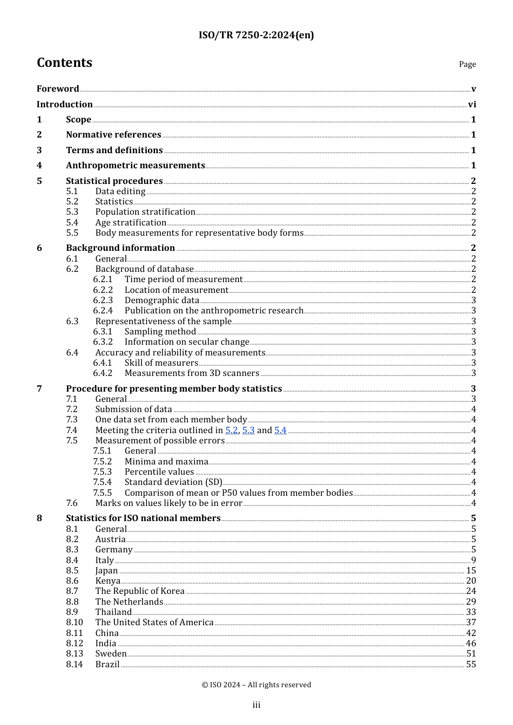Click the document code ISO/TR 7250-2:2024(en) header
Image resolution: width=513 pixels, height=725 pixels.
(x=256, y=35)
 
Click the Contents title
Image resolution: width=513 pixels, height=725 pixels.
(x=64, y=63)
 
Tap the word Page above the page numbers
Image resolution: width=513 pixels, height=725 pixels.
(x=467, y=64)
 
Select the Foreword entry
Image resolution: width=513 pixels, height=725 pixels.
(x=58, y=88)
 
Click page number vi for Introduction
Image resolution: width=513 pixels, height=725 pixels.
(x=472, y=104)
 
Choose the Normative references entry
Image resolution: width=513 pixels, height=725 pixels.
(x=113, y=134)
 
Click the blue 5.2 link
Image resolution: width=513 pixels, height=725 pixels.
(x=232, y=430)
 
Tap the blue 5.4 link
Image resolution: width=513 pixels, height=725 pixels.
(x=280, y=430)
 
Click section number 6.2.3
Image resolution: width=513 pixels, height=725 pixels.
(x=103, y=300)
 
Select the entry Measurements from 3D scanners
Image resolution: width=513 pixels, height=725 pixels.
(x=192, y=373)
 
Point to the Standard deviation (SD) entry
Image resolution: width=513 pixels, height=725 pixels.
(x=173, y=482)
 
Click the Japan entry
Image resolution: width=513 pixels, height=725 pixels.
(x=106, y=570)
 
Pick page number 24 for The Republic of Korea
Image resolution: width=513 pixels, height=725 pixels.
(x=471, y=591)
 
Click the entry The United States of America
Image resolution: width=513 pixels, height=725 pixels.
(x=154, y=622)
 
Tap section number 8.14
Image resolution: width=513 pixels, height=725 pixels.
(x=75, y=664)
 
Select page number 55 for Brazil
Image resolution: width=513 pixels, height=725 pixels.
(x=471, y=664)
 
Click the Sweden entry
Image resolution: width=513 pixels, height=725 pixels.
(x=111, y=653)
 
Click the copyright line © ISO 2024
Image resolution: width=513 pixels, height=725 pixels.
(x=256, y=685)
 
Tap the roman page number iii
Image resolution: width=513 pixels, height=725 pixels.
(x=256, y=705)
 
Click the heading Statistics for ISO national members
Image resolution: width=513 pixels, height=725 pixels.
(x=143, y=518)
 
